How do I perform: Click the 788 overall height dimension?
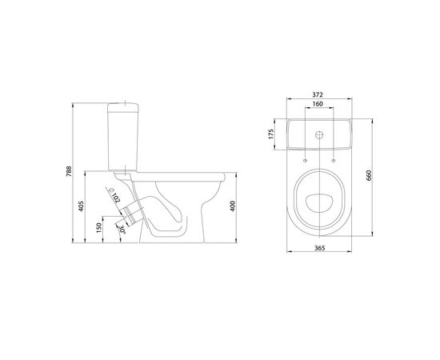point(69,171)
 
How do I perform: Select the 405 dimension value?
point(81,206)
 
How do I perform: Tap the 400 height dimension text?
point(233,206)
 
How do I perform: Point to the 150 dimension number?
point(98,227)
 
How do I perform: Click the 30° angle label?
point(122,230)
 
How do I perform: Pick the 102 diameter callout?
point(116,198)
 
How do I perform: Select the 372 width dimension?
point(318,94)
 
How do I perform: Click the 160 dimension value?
point(318,104)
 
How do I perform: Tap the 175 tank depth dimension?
point(270,134)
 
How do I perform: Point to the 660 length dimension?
point(369,175)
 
